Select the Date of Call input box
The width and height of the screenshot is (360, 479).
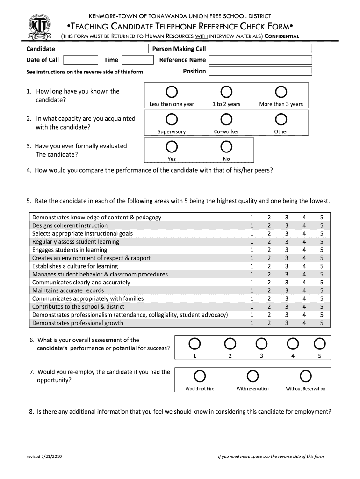tap(80, 60)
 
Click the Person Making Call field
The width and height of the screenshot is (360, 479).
tap(260, 49)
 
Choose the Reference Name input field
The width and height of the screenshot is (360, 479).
tap(260, 60)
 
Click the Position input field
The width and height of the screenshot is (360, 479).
tap(260, 71)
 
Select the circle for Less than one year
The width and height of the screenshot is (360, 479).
tap(172, 92)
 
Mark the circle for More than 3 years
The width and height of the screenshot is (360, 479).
tap(281, 92)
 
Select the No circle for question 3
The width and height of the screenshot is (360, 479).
tap(226, 147)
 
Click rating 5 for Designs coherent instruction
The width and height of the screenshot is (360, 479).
tap(322, 225)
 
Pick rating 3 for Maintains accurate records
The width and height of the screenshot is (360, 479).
tap(287, 290)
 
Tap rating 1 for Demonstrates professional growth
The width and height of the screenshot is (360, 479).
tap(252, 323)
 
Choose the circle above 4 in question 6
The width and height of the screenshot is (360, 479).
tap(293, 344)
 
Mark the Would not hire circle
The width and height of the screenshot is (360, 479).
tap(200, 376)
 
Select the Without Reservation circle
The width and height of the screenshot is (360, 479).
tap(305, 376)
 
